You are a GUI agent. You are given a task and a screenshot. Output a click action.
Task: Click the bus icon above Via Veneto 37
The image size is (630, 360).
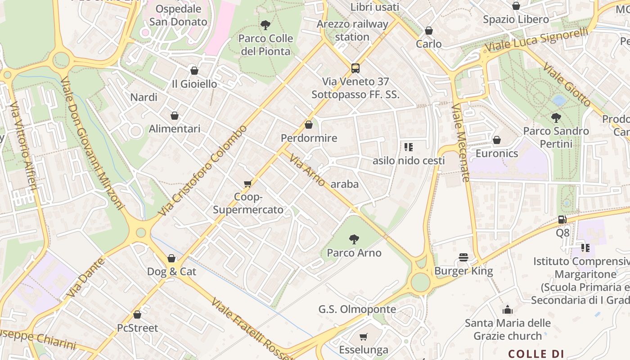coord(355,68)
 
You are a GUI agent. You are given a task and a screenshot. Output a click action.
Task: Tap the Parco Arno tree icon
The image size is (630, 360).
coord(354,239)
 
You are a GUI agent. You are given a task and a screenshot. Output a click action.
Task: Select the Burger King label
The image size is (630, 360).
coord(463,271)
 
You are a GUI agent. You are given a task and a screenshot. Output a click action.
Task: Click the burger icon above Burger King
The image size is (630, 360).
coord(463,257)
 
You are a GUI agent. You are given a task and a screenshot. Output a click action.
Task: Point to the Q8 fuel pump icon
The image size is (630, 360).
coord(562,220)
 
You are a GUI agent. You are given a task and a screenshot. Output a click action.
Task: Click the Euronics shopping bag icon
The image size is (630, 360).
coord(497,140)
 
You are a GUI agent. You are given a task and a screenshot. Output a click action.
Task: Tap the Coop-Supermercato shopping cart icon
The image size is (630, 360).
coord(247,184)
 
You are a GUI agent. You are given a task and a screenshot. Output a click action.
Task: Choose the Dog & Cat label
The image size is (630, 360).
coord(171,271)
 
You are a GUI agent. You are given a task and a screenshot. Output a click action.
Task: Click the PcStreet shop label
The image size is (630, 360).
coord(138,328)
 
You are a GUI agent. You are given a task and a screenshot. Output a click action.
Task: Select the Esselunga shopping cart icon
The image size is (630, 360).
coord(363,337)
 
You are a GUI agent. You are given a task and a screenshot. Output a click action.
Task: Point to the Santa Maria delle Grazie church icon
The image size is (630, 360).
coord(508,310)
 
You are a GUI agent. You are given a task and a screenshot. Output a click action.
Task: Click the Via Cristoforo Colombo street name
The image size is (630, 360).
coord(203,170)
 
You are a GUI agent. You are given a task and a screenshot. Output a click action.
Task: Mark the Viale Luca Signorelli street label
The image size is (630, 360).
coord(536,40)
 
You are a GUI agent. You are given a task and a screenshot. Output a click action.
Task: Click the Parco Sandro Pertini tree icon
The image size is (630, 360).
coord(556,118)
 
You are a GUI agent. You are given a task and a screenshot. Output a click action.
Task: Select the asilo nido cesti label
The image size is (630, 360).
coord(409,161)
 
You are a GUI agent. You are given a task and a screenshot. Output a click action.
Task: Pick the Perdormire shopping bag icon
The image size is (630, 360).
coord(309,125)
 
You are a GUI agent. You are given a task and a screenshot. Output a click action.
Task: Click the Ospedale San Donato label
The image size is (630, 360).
coord(178,15)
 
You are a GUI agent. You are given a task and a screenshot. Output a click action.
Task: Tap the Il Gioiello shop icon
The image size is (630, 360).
coord(194,71)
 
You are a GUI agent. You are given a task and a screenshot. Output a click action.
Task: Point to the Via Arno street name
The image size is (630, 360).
coord(307,170)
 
